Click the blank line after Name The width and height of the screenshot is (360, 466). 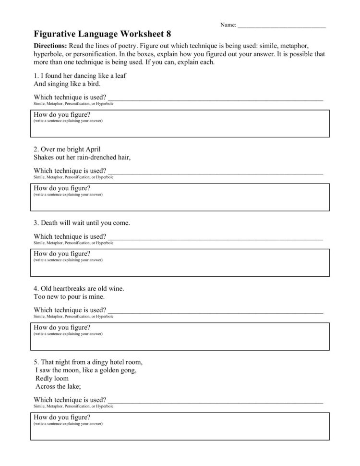282,25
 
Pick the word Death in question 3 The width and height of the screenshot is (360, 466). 49,223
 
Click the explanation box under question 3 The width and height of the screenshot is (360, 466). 180,265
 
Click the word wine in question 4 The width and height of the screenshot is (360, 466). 116,289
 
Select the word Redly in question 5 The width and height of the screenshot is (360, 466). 45,378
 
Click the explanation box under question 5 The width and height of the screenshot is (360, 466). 180,429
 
